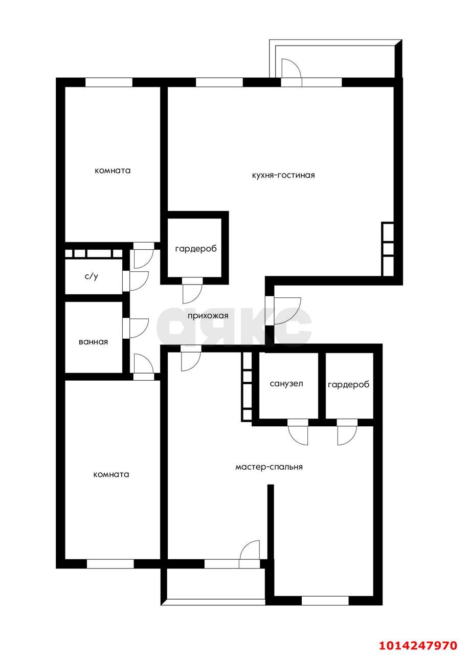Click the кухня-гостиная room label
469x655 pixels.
click(x=283, y=176)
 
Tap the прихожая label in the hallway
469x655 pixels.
click(x=208, y=316)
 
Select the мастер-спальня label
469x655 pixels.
click(x=269, y=467)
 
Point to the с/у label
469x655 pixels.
click(x=91, y=276)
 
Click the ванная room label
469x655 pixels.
click(x=93, y=342)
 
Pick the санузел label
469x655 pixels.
click(x=286, y=384)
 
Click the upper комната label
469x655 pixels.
click(x=113, y=171)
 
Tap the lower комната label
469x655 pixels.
click(x=111, y=474)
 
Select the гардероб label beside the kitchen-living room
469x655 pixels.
click(x=196, y=249)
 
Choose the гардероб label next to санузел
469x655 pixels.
click(x=348, y=384)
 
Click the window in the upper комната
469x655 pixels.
click(x=109, y=82)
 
